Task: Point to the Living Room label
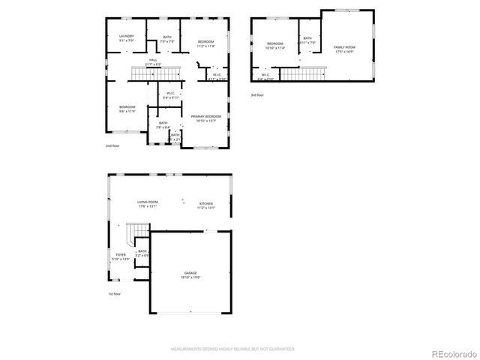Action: point(147,203)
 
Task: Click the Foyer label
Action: point(121,256)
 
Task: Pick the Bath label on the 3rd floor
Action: point(307,40)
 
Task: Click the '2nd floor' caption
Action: point(112,145)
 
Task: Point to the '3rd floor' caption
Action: point(257,95)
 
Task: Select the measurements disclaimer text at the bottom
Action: point(233,349)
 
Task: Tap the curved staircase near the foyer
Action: point(134,234)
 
